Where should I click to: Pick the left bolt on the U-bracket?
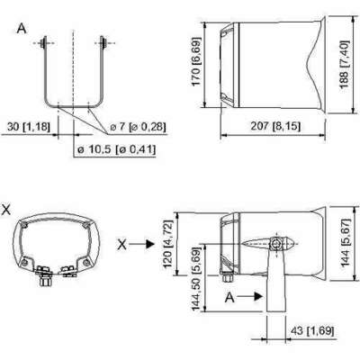pos(47,40)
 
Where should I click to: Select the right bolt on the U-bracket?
pos(104,40)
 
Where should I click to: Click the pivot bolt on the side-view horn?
pos(278,244)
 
